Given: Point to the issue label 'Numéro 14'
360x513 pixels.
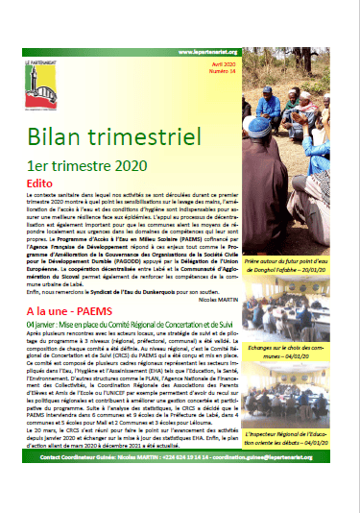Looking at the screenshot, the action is pos(327,72).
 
